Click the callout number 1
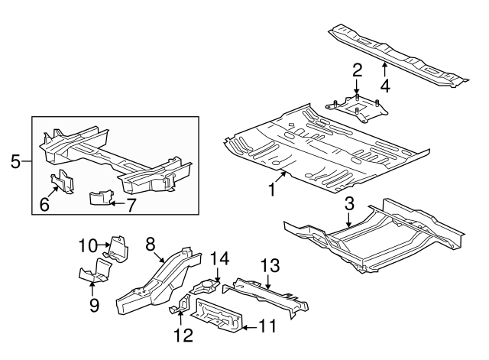271,187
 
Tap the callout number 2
356,71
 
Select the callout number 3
349,203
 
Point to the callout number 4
386,86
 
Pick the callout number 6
44,204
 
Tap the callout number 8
151,243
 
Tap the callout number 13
270,265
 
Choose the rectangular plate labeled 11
219,316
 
